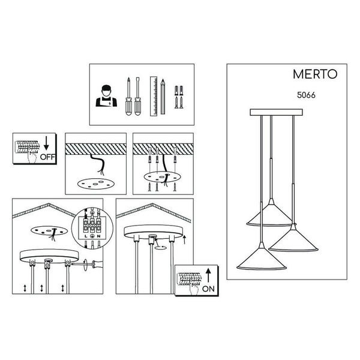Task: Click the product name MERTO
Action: click(x=315, y=74)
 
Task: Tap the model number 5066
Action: click(x=306, y=95)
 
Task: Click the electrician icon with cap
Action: click(x=106, y=96)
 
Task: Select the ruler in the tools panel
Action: click(x=154, y=96)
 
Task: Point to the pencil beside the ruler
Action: click(x=163, y=97)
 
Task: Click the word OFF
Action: click(x=47, y=157)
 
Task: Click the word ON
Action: click(x=208, y=289)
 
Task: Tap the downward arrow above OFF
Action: click(x=46, y=143)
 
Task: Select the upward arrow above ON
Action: click(x=208, y=275)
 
